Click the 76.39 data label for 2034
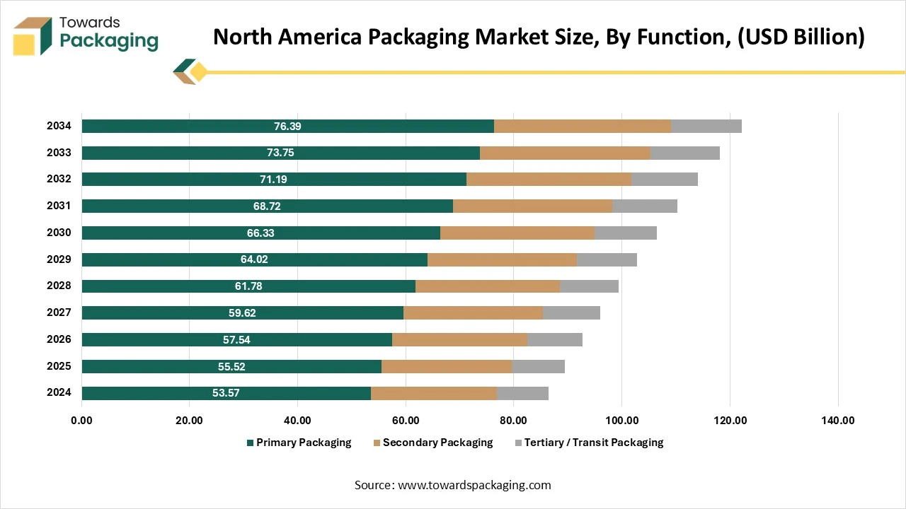[x=287, y=127]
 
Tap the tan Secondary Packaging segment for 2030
[x=517, y=233]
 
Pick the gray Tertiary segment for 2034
[x=706, y=127]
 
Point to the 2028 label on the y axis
[x=59, y=286]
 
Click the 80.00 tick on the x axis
[x=513, y=421]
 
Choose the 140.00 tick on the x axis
[x=837, y=421]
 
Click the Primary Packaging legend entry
[x=304, y=443]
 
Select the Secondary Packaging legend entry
[x=437, y=443]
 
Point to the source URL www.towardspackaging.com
[x=474, y=485]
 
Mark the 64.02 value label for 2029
[x=254, y=259]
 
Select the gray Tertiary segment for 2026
[x=555, y=340]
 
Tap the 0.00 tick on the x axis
[x=81, y=421]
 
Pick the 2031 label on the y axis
[x=59, y=206]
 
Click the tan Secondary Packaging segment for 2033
[x=565, y=153]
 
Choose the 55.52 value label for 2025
[x=231, y=367]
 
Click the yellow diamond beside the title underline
[x=198, y=71]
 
